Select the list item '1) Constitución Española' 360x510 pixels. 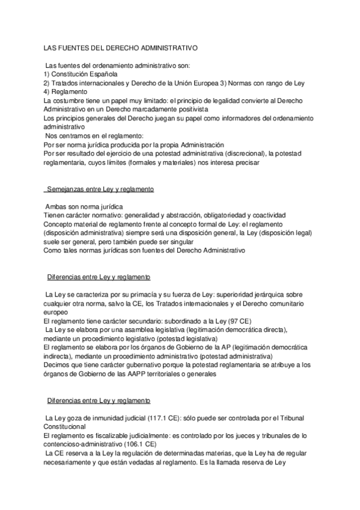pos(81,73)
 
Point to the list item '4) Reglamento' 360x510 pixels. pos(66,91)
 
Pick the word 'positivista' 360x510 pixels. pos(191,110)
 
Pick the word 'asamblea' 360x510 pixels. pos(131,330)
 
